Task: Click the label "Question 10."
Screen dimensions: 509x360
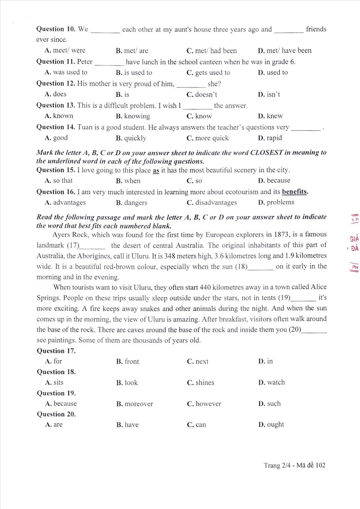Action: [55, 29]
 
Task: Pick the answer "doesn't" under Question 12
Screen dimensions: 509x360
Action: [206, 95]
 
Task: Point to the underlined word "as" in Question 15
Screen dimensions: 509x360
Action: [156, 170]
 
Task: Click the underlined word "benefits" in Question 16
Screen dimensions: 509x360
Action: [294, 192]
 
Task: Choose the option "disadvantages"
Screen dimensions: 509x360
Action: [216, 203]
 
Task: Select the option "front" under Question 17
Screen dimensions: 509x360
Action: [132, 362]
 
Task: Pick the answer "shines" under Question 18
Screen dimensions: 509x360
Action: [205, 383]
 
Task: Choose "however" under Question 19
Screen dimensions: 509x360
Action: [208, 404]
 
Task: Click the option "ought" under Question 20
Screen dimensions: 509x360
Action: [275, 425]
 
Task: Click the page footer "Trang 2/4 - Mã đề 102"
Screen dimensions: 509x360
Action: [294, 465]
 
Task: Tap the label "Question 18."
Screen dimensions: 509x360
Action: [56, 372]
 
